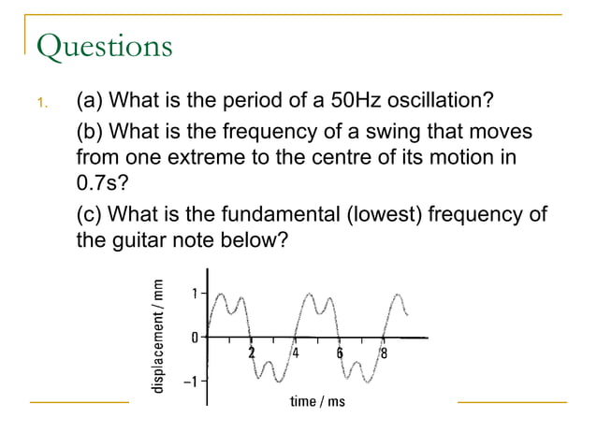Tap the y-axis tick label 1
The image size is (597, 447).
click(x=195, y=293)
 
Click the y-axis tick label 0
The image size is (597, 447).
click(x=195, y=337)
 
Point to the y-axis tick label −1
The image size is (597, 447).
click(x=191, y=381)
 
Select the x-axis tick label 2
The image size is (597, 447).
click(x=251, y=353)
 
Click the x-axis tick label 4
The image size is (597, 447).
click(x=296, y=353)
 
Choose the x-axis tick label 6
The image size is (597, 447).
click(x=340, y=353)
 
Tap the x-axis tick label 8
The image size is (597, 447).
click(x=384, y=353)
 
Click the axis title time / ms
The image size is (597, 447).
click(x=317, y=401)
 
